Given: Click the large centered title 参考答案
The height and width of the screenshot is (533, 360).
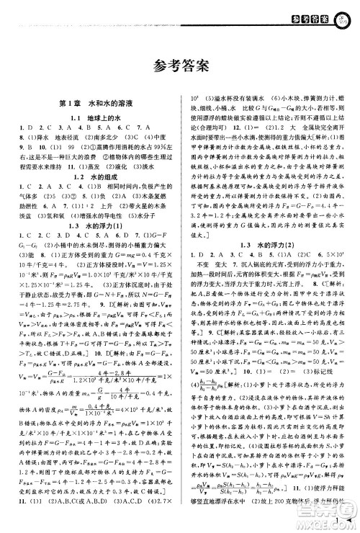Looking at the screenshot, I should [180, 66].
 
